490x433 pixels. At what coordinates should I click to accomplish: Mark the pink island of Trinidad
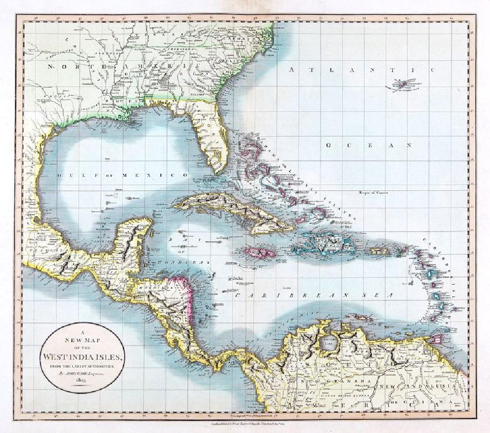point(439,339)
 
